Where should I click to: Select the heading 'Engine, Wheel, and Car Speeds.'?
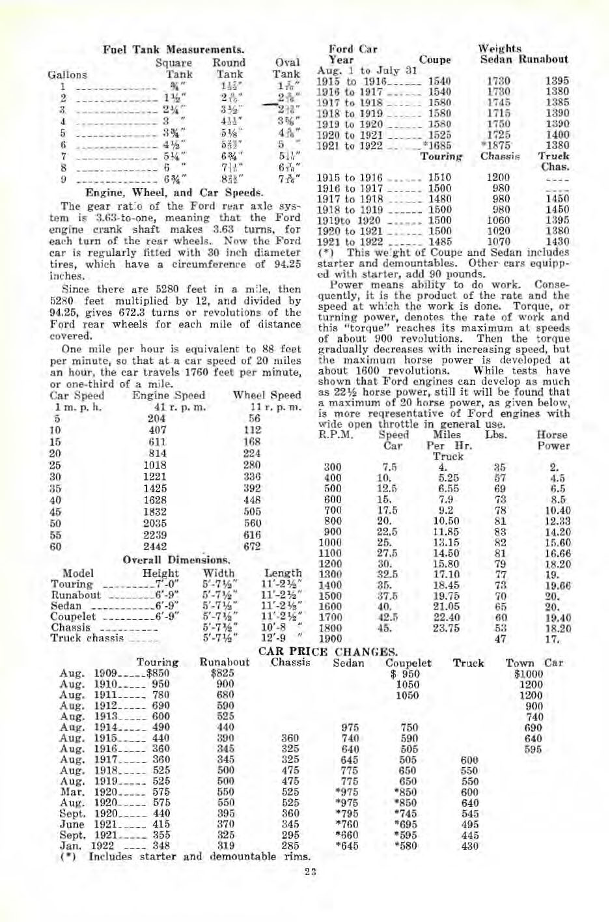pos(173,193)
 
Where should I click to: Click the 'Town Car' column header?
pos(534,663)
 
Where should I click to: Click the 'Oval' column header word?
pos(288,63)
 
